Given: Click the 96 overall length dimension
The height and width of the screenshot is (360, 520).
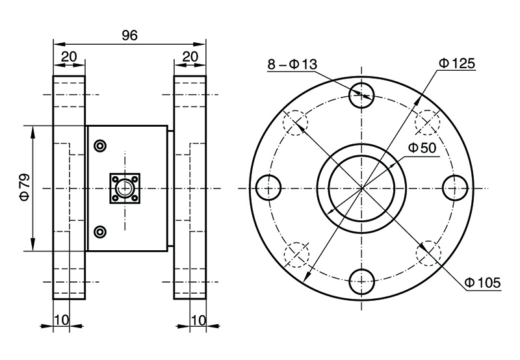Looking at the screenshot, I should click(130, 36).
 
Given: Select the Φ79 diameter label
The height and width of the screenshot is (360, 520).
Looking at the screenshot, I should click(24, 187).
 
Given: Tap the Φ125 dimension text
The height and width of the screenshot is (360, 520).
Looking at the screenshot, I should click(457, 63).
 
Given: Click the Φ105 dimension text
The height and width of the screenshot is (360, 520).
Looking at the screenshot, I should click(482, 282).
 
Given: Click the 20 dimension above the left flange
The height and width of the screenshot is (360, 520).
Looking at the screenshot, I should click(69, 57).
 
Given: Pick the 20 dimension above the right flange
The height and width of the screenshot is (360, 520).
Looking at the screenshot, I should click(190, 57).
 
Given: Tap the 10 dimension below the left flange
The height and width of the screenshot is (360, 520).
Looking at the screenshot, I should click(61, 320).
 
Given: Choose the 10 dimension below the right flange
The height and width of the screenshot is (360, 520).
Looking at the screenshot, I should click(198, 320).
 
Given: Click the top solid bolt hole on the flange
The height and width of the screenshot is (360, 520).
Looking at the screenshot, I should click(362, 96).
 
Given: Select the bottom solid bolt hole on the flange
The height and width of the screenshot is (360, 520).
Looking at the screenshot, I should click(362, 282).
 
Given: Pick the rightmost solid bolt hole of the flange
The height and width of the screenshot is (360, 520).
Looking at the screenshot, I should click(455, 188).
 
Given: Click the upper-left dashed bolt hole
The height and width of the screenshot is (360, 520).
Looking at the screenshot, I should click(296, 123).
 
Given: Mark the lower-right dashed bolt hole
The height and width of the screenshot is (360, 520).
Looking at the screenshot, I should click(428, 254).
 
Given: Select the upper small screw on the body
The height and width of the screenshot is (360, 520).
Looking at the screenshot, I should click(99, 146).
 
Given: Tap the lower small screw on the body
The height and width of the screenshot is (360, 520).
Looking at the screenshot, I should click(99, 231).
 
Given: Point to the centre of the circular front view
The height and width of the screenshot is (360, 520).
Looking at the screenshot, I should click(362, 188).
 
